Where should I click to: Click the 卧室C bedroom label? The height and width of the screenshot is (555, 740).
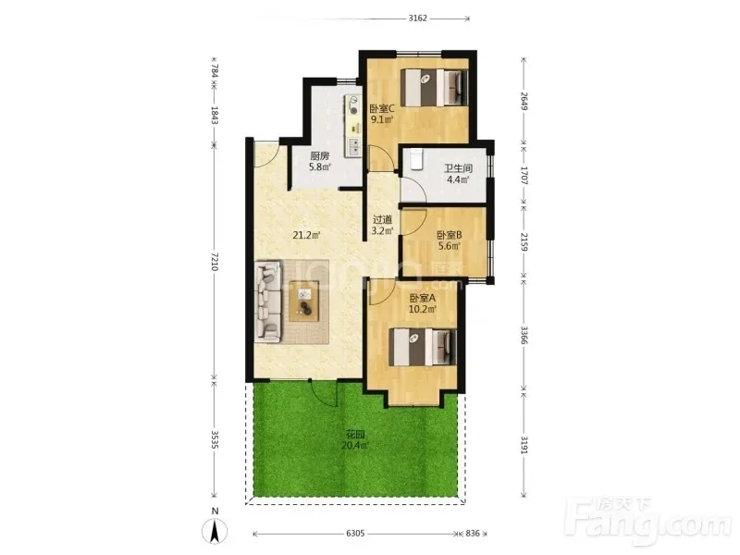382,108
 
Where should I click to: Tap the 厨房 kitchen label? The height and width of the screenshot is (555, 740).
319,155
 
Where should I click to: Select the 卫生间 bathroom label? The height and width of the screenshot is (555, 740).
458,168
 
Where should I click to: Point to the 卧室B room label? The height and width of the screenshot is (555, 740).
450,235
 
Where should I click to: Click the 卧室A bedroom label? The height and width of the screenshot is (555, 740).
423,298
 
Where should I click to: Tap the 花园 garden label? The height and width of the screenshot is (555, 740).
355,435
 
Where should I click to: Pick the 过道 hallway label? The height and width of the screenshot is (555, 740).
382,219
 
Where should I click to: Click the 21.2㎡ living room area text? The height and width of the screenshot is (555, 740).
307,235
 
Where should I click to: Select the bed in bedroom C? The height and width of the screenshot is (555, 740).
434,87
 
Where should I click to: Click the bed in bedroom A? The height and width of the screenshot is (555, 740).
423,347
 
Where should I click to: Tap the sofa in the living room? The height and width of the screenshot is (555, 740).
268,302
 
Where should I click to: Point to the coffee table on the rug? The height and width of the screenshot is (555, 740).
304,301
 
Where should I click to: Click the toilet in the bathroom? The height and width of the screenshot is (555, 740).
415,158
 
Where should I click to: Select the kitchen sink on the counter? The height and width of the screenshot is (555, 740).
353,147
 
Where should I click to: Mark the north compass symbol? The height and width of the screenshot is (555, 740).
215,531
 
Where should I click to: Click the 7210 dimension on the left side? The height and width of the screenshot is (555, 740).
215,261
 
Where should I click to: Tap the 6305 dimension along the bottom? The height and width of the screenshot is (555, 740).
355,534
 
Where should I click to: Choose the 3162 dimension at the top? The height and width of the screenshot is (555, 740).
418,18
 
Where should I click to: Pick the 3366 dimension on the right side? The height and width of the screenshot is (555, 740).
524,335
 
